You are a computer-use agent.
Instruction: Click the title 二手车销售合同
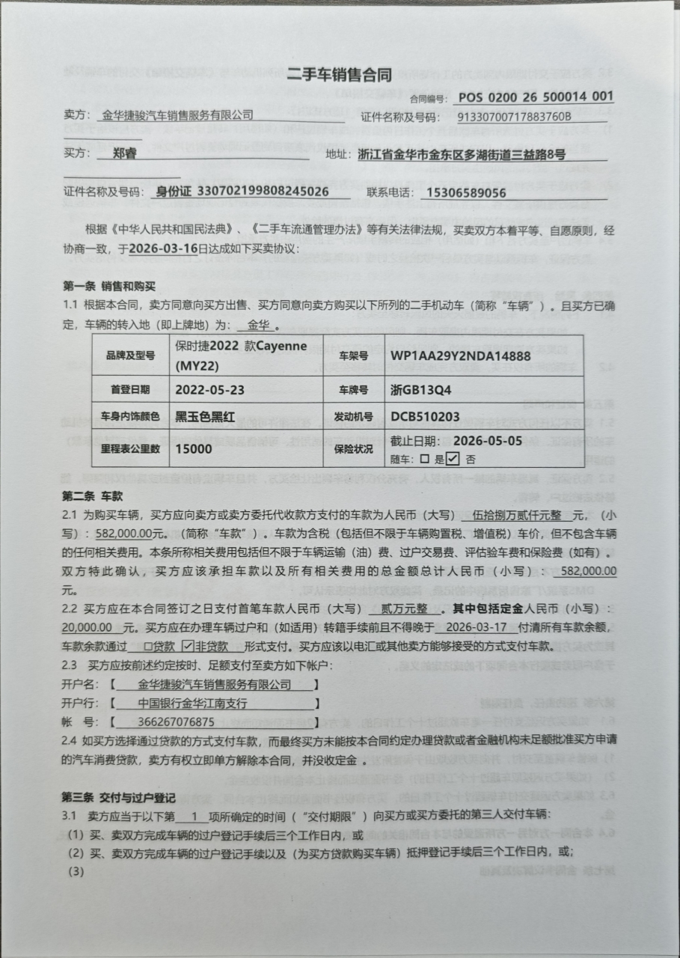(x=340, y=73)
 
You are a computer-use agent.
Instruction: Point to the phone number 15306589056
(x=465, y=192)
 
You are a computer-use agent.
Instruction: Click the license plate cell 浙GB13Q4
(x=421, y=389)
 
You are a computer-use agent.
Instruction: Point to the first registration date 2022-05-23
(x=210, y=389)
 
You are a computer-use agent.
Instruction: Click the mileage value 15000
(x=194, y=449)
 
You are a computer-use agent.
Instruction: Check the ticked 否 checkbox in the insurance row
(x=453, y=459)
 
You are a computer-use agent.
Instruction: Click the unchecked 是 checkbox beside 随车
(x=425, y=459)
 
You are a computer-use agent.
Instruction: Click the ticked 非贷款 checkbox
(x=189, y=645)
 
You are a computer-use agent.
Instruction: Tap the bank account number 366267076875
(x=177, y=722)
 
